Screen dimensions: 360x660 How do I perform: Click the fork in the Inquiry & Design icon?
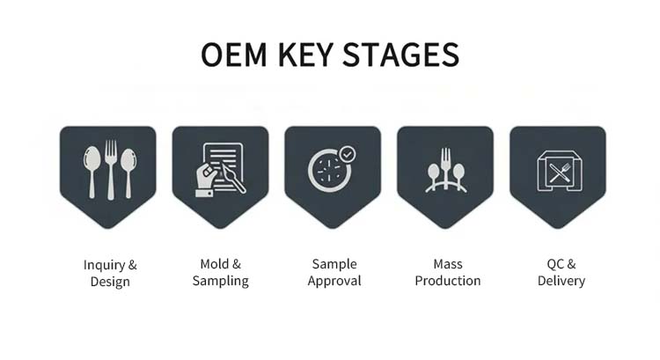[x=110, y=169]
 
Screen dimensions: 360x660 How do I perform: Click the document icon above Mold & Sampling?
[x=220, y=167]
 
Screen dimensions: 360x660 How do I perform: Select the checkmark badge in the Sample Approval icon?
[x=348, y=154]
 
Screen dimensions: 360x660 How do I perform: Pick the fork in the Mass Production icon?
[x=445, y=165]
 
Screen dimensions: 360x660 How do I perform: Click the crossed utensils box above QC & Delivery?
[x=557, y=169]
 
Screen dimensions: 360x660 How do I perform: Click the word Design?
[x=110, y=282]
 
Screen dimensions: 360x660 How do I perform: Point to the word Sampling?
[x=220, y=282]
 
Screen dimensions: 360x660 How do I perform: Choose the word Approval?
[x=334, y=282]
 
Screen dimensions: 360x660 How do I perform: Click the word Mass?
[x=447, y=264]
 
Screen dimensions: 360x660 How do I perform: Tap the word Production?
[x=447, y=282]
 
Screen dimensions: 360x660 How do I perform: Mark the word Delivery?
[x=561, y=282]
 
